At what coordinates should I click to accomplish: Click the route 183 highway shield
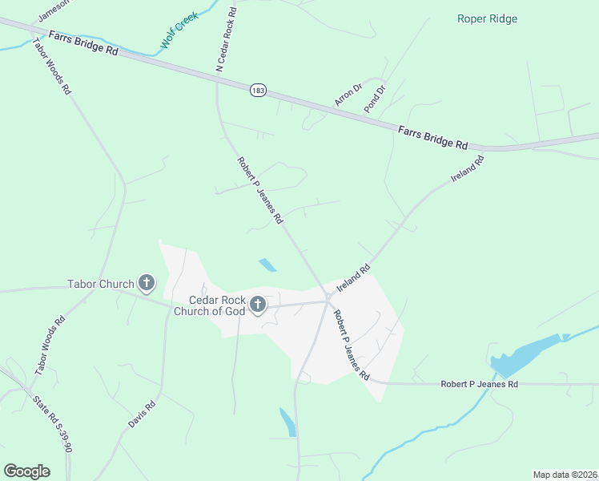pyautogui.click(x=257, y=91)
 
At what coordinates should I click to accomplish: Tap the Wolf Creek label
pyautogui.click(x=179, y=31)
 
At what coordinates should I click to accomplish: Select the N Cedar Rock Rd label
pyautogui.click(x=227, y=40)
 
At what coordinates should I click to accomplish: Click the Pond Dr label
pyautogui.click(x=375, y=98)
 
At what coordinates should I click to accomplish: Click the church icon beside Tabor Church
pyautogui.click(x=146, y=282)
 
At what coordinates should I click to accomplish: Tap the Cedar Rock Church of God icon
pyautogui.click(x=258, y=305)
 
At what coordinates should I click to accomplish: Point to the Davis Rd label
pyautogui.click(x=142, y=413)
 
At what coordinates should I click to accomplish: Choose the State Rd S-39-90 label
pyautogui.click(x=52, y=423)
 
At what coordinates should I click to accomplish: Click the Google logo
pyautogui.click(x=26, y=471)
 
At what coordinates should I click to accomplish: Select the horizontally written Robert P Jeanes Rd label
pyautogui.click(x=479, y=384)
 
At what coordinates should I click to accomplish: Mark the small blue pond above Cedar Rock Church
pyautogui.click(x=267, y=265)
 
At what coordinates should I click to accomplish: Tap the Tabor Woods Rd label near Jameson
pyautogui.click(x=50, y=66)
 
